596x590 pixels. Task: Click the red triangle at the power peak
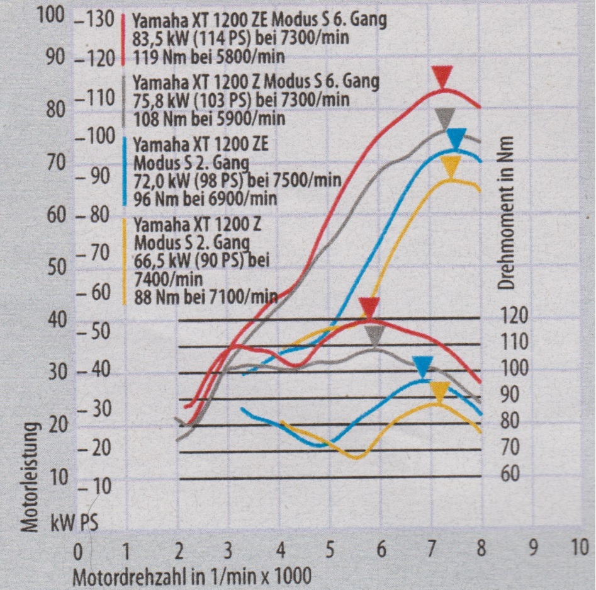click(443, 77)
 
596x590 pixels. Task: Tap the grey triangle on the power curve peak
click(445, 117)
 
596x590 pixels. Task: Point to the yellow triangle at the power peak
click(451, 166)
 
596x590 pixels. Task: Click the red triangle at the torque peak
click(369, 308)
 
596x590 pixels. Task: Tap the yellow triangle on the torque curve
click(439, 392)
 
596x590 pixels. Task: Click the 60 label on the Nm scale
click(510, 473)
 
